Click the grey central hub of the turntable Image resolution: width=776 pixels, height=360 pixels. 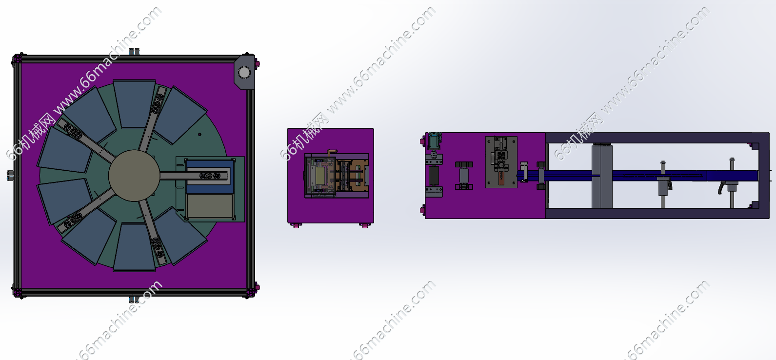click(x=134, y=175)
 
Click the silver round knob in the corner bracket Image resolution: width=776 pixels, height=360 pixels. click(x=244, y=72)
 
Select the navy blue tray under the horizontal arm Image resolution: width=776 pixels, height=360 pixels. click(x=209, y=177)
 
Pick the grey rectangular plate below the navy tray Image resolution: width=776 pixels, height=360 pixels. click(x=210, y=206)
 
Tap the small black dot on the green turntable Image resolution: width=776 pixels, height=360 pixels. click(x=199, y=135)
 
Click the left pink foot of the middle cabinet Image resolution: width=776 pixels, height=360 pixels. click(x=296, y=225)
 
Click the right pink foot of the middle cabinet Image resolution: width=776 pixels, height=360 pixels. click(x=364, y=225)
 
